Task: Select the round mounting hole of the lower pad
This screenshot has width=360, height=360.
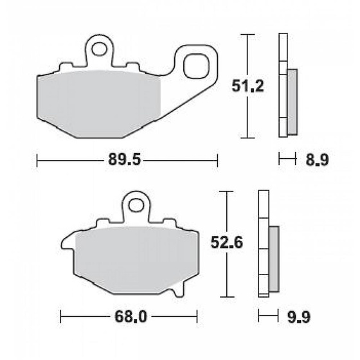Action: click(136, 206)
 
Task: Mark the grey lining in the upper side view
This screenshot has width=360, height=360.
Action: click(292, 102)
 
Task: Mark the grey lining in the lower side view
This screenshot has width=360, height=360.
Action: click(274, 257)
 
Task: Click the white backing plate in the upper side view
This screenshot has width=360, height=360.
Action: click(282, 84)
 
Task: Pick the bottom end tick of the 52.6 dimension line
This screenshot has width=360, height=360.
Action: click(224, 296)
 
